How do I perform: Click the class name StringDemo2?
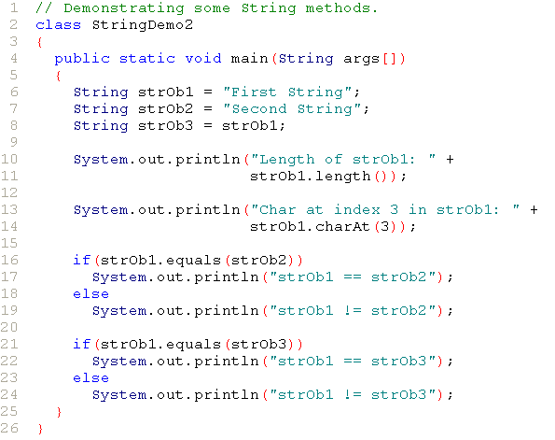click(143, 25)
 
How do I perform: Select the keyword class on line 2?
click(59, 25)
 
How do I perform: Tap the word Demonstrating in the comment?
click(124, 8)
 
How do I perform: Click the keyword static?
click(146, 59)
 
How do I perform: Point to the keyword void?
click(203, 59)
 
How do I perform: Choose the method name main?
click(249, 59)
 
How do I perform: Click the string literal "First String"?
click(287, 92)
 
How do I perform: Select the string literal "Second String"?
click(292, 109)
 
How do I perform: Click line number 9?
click(13, 142)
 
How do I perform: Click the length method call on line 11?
click(342, 176)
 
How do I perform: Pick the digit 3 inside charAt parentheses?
click(384, 227)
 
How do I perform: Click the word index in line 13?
click(356, 209)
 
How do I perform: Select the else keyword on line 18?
click(90, 294)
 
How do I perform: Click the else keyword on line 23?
click(90, 378)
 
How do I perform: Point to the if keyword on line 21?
click(81, 344)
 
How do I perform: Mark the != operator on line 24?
click(353, 394)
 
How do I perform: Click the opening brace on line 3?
click(39, 42)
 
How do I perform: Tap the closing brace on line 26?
click(40, 429)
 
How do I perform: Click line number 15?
click(9, 243)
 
